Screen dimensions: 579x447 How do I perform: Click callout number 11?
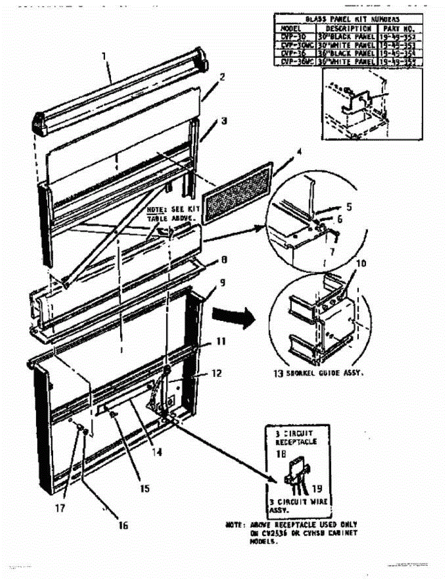(x=220, y=341)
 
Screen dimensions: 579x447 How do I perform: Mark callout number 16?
(x=124, y=525)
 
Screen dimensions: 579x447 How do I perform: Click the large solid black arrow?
(x=234, y=318)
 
